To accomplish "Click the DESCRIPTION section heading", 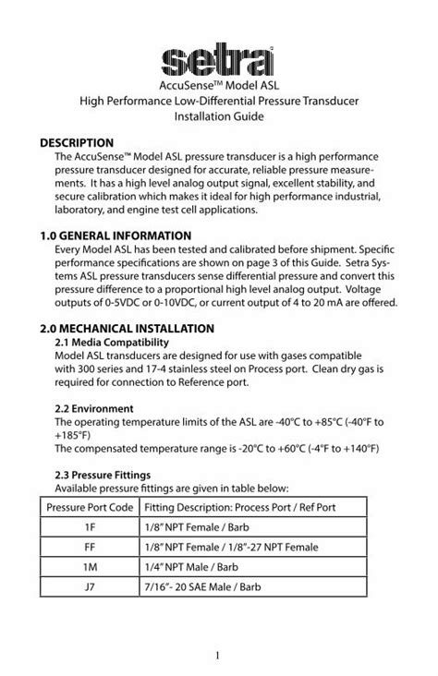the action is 77,143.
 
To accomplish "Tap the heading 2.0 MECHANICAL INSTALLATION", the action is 127,328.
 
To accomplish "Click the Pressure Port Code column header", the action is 90,507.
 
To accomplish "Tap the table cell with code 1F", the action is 90,527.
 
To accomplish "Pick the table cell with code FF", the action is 90,548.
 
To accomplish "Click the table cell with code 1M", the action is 90,568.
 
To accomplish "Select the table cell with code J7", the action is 90,588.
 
